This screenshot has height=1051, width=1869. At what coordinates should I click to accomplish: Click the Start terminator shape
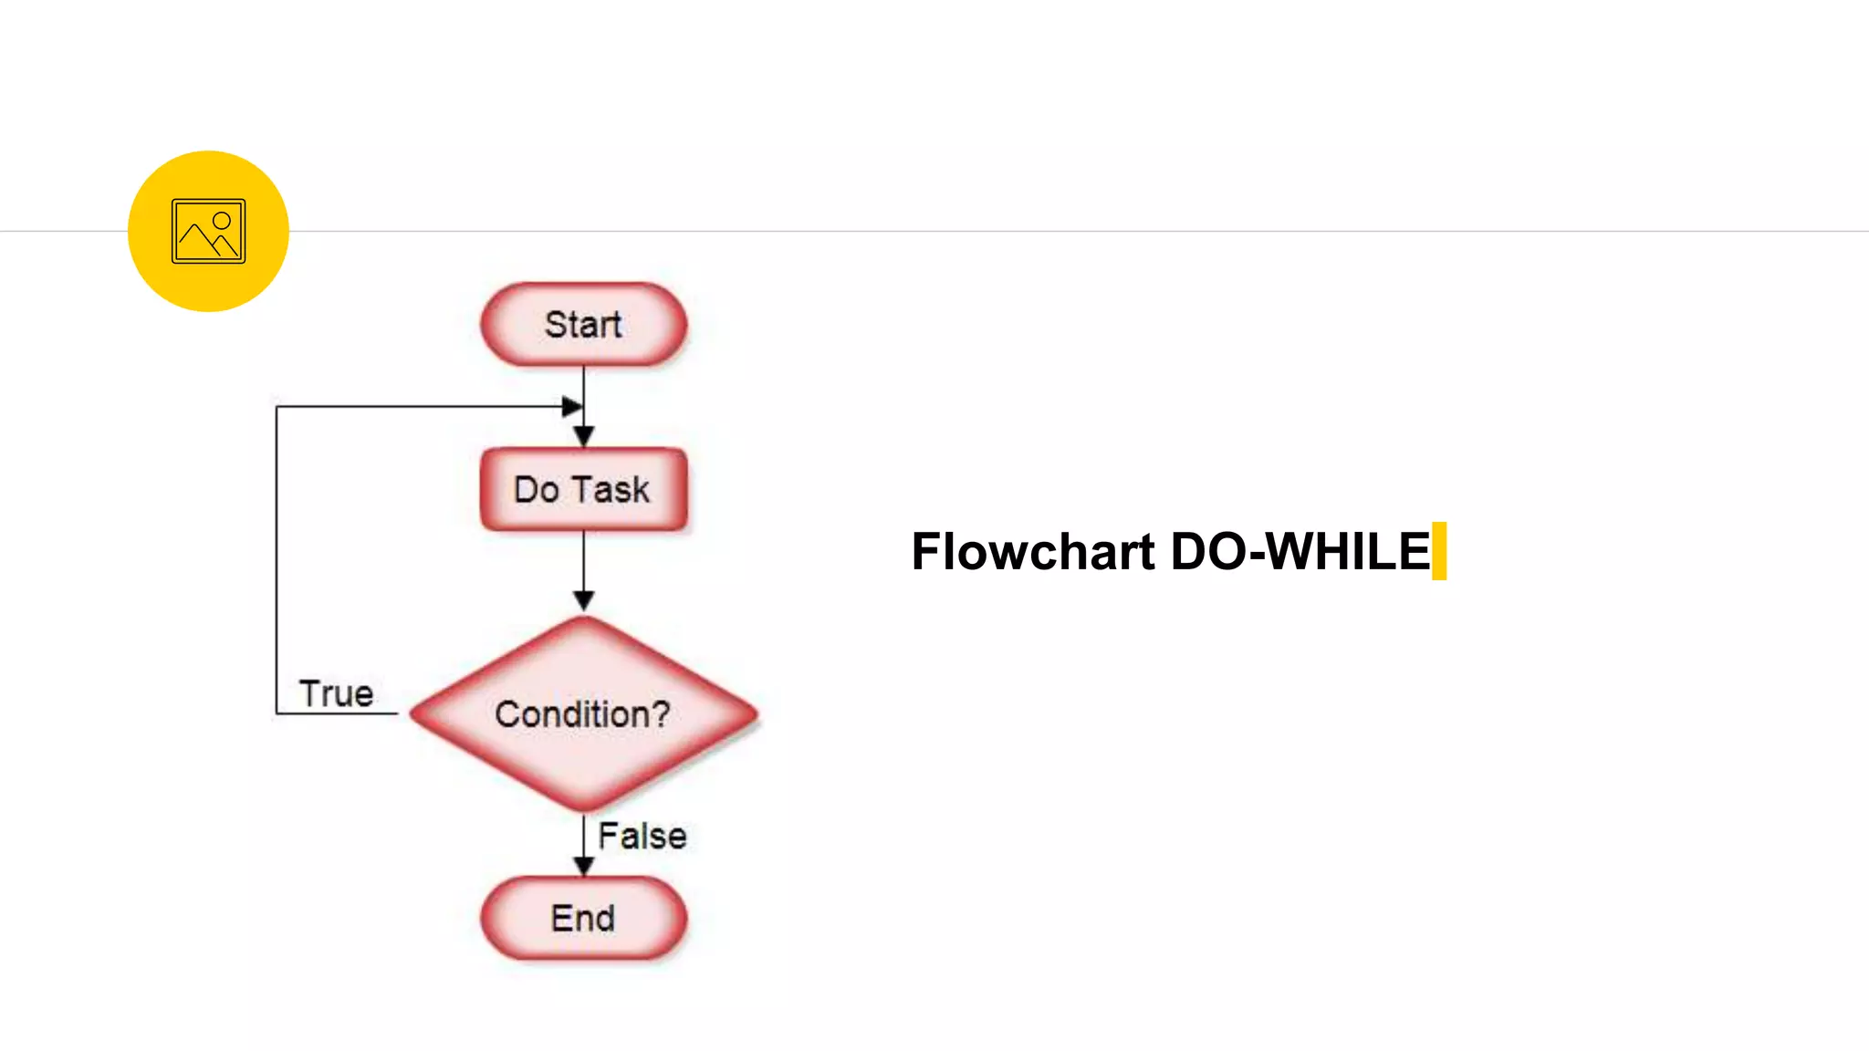pos(583,325)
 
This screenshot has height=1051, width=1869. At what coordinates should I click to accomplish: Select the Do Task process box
pos(583,489)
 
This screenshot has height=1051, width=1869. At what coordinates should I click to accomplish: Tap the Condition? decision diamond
pos(583,713)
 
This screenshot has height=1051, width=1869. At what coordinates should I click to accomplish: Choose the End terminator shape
pos(583,918)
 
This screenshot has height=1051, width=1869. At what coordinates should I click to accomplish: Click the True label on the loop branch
pos(336,694)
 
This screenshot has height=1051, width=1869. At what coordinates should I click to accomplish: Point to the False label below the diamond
pos(642,836)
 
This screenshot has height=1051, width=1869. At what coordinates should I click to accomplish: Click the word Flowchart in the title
pos(1033,552)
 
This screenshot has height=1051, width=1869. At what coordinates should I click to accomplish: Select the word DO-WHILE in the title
pos(1300,552)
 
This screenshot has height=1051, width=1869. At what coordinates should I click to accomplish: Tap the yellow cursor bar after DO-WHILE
pos(1439,551)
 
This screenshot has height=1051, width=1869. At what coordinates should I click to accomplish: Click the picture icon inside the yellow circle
pos(208,232)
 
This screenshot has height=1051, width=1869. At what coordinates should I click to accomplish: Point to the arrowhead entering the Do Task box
pos(584,437)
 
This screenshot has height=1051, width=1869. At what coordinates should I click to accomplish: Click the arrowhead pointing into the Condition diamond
pos(584,600)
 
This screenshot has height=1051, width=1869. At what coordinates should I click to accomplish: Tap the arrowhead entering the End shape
pos(584,866)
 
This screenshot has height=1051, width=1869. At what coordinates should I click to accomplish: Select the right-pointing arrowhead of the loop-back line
pos(572,407)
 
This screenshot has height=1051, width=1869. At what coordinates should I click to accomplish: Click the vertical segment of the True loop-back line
pos(277,557)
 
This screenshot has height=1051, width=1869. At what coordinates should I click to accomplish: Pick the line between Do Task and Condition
pos(584,561)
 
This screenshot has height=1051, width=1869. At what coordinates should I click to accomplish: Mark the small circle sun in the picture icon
pos(222,221)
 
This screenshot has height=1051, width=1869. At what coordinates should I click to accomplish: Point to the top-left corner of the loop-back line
pos(277,407)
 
